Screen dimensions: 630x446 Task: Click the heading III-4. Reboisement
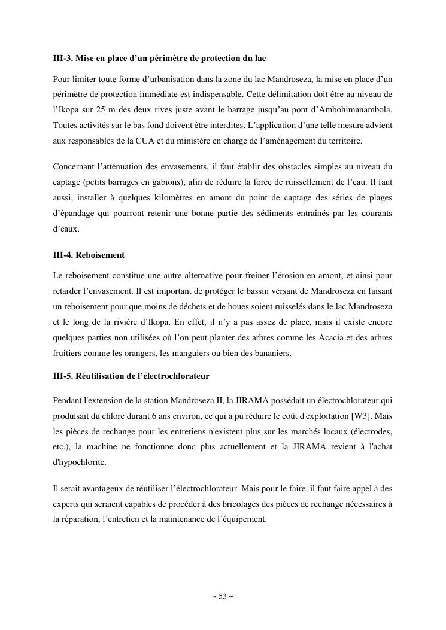click(x=89, y=255)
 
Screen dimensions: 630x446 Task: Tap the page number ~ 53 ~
click(x=222, y=596)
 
